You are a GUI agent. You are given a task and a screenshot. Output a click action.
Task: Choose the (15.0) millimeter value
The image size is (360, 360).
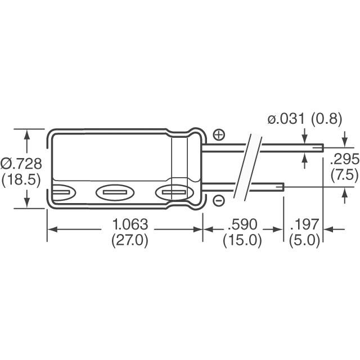pyautogui.click(x=242, y=241)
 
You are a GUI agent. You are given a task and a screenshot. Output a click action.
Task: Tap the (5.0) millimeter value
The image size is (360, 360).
pyautogui.click(x=304, y=241)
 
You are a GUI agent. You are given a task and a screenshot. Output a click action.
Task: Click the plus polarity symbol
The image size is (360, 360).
pyautogui.click(x=219, y=135)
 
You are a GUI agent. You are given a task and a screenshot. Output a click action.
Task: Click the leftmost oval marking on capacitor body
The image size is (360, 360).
pyautogui.click(x=62, y=193)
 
